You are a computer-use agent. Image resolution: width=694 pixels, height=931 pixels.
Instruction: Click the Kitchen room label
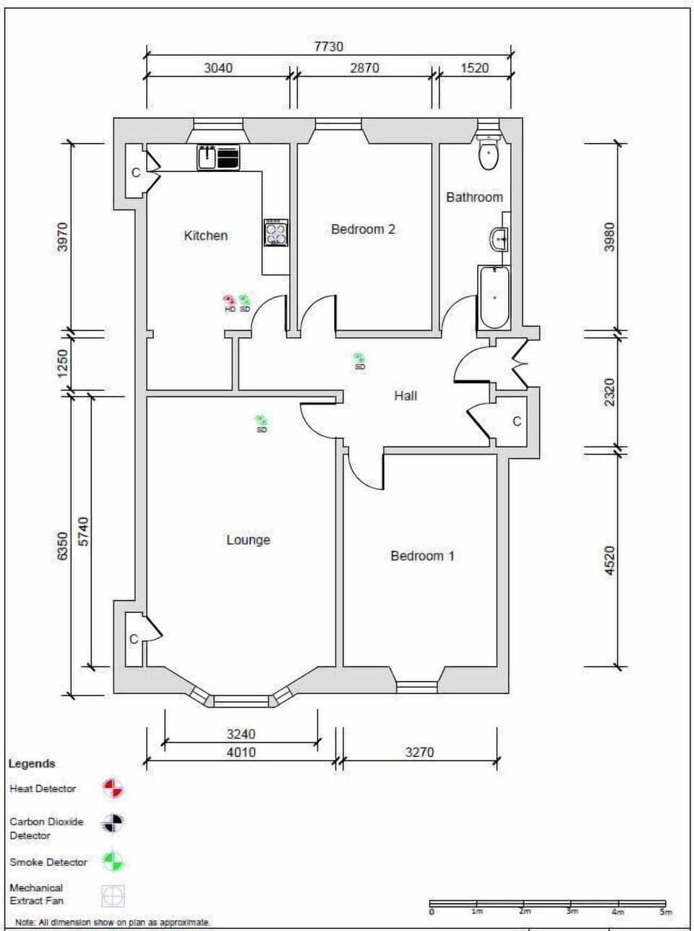[205, 236]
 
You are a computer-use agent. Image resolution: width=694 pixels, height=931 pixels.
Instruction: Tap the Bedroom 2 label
[363, 229]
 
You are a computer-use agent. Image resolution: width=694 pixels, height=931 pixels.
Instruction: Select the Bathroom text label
[474, 197]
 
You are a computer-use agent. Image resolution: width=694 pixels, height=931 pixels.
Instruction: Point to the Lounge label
[248, 540]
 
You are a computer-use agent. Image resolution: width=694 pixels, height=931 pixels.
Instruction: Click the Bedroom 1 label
[422, 556]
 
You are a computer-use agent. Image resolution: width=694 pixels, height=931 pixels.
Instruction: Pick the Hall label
[406, 395]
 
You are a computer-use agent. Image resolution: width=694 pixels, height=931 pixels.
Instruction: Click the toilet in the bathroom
[489, 152]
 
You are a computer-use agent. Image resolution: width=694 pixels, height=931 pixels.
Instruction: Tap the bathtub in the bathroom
[494, 298]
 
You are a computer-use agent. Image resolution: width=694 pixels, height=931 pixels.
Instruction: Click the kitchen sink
[207, 158]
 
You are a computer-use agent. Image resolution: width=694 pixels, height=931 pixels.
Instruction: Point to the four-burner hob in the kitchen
[275, 233]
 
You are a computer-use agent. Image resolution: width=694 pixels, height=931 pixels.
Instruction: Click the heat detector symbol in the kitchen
[229, 300]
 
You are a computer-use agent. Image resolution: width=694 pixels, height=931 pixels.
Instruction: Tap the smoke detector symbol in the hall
[359, 358]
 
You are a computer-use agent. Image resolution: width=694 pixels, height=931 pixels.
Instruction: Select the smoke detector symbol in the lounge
[261, 420]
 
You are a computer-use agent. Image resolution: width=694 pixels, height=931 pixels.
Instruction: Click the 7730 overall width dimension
[328, 46]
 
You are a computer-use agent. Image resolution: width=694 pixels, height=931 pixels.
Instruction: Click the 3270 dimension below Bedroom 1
[419, 752]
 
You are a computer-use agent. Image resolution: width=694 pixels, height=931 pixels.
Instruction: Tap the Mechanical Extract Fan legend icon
[113, 896]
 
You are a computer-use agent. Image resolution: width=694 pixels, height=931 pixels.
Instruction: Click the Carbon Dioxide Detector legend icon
[113, 823]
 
